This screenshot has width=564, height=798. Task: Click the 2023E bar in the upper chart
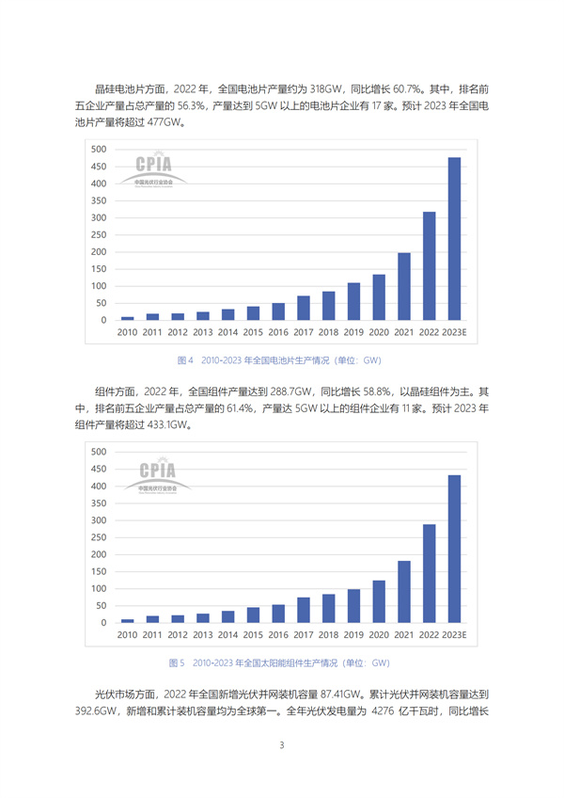[454, 239]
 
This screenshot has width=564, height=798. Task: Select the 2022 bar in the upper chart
[429, 266]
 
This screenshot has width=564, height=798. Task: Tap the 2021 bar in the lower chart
[403, 592]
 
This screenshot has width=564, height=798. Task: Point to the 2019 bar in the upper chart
[353, 302]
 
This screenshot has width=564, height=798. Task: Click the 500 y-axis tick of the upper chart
[99, 150]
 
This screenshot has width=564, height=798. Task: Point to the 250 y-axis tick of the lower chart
[99, 537]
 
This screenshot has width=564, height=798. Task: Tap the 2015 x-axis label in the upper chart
[253, 332]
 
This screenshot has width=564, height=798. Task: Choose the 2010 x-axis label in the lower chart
[127, 635]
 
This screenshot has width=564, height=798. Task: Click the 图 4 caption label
[185, 359]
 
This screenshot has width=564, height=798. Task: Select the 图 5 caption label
[176, 662]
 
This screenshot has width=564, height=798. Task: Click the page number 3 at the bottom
[282, 745]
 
